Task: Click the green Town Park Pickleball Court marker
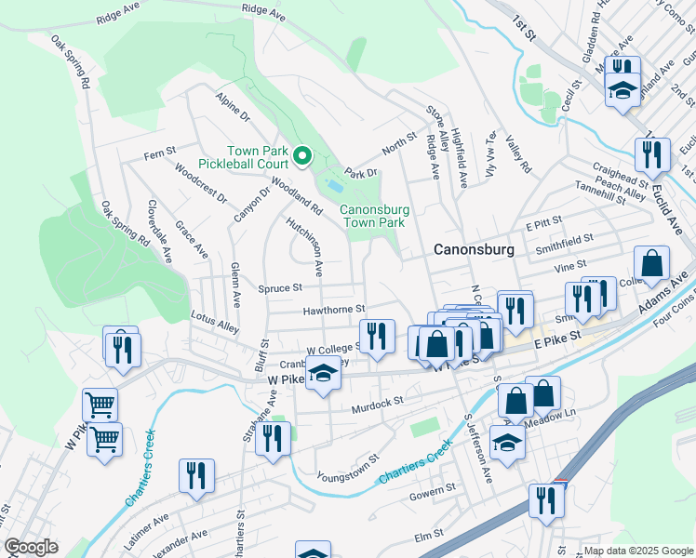301,157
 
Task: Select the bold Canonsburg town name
474,250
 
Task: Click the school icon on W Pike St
323,374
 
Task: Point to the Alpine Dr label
233,107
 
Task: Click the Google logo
32,548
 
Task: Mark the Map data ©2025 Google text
638,551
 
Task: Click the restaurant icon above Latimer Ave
196,474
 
